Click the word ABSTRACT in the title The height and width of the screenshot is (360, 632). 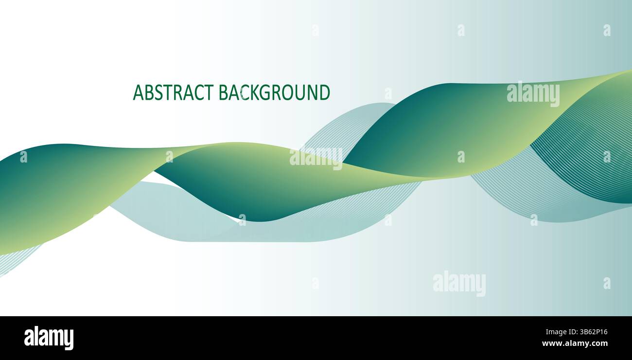[x=173, y=92]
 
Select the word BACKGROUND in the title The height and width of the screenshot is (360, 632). [x=274, y=92]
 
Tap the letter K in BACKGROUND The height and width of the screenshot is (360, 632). [x=254, y=92]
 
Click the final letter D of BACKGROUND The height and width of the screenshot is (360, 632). [x=324, y=92]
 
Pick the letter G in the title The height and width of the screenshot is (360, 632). [x=265, y=92]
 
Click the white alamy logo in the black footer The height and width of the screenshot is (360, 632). [x=49, y=338]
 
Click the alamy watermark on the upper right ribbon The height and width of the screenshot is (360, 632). [x=533, y=93]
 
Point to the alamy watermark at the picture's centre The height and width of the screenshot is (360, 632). [x=316, y=158]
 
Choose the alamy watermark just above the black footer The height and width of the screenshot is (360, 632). [x=459, y=283]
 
